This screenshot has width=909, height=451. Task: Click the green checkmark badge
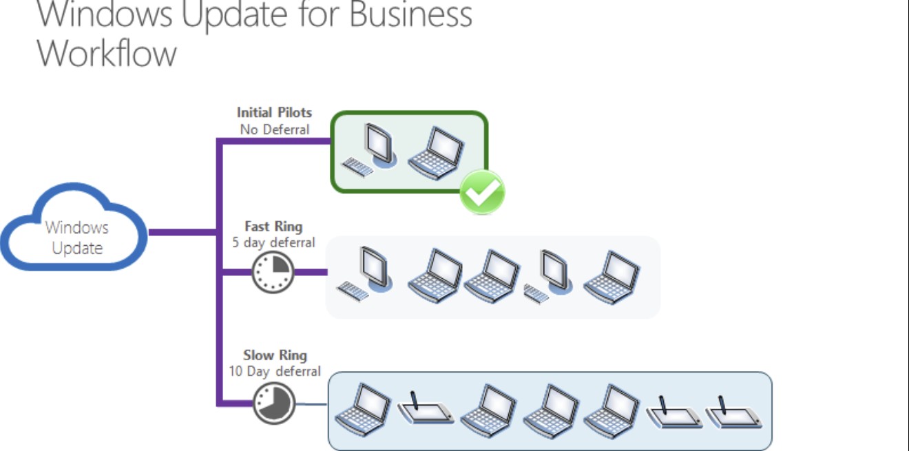pyautogui.click(x=482, y=192)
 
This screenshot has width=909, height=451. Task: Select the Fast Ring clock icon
pyautogui.click(x=272, y=272)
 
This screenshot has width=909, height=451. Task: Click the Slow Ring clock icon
pyautogui.click(x=273, y=403)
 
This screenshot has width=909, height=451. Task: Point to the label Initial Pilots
pyautogui.click(x=274, y=112)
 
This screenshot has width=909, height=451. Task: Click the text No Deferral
pyautogui.click(x=274, y=129)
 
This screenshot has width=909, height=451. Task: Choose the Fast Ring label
pyautogui.click(x=273, y=226)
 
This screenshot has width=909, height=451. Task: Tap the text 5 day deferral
pyautogui.click(x=273, y=242)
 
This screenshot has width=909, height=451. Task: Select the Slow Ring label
pyautogui.click(x=275, y=355)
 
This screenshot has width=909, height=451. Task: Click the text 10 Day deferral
pyautogui.click(x=275, y=371)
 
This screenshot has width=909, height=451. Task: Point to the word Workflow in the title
pyautogui.click(x=107, y=54)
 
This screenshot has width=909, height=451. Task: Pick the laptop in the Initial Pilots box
pyautogui.click(x=435, y=153)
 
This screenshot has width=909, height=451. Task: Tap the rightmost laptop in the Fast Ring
pyautogui.click(x=612, y=277)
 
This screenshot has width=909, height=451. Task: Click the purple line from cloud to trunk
pyautogui.click(x=182, y=232)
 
